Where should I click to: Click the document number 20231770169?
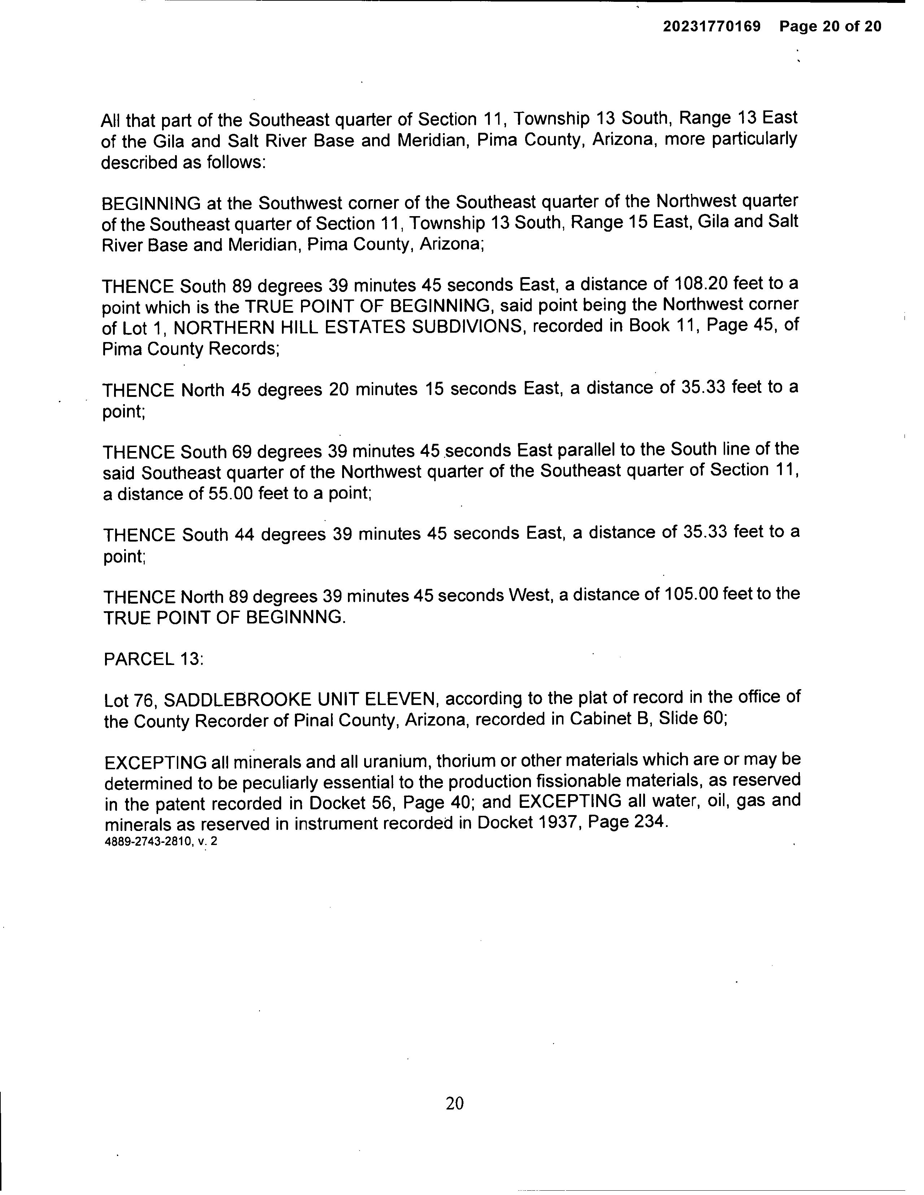coord(712,26)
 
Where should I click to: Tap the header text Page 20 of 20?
coord(831,26)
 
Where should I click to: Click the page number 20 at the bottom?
coord(455,1103)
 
